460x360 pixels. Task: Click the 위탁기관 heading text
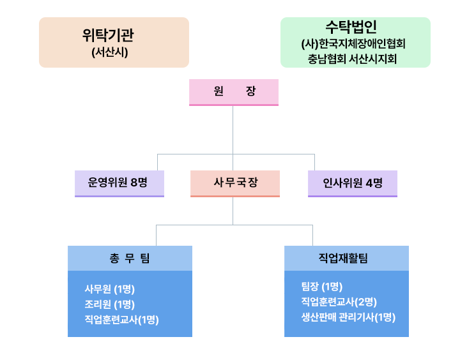point(108,35)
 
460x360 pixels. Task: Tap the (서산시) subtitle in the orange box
point(110,52)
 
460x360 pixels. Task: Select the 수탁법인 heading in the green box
point(351,27)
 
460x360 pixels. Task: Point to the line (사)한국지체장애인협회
point(353,44)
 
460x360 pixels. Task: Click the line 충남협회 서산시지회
point(352,59)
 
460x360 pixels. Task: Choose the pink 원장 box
point(234,93)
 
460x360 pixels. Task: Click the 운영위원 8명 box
point(119,184)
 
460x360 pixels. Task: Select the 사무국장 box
point(235,184)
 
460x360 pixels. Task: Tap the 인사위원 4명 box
point(353,184)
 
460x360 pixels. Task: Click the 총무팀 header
point(130,259)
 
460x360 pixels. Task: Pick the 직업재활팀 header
point(346,259)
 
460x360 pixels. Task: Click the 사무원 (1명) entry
point(110,289)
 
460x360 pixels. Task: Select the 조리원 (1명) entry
point(110,304)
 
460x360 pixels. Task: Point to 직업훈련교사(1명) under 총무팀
point(122,320)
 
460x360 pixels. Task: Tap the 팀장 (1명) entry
point(322,287)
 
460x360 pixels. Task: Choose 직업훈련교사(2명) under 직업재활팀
point(339,302)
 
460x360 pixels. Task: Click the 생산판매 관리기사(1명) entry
point(349,317)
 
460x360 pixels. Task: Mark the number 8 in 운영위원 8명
point(134,183)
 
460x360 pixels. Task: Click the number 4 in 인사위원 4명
point(369,183)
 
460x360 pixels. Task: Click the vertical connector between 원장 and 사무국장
point(233,138)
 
